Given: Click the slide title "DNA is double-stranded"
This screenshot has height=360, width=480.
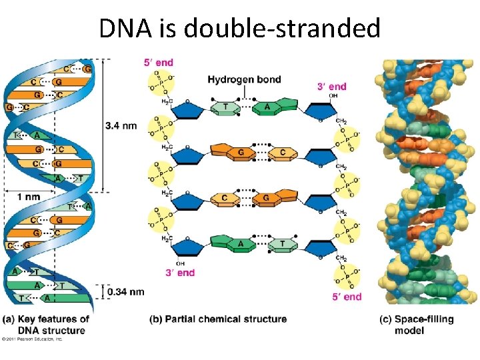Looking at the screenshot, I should click(239, 28).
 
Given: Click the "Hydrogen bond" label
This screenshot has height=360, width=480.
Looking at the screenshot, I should click(244, 80).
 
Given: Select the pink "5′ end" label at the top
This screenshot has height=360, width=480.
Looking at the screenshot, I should click(158, 63).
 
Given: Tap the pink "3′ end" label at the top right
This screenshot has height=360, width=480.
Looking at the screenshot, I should click(331, 86).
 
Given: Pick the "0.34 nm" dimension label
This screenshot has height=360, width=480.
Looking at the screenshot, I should click(125, 291).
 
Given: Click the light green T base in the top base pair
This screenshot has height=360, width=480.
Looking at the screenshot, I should click(226, 108).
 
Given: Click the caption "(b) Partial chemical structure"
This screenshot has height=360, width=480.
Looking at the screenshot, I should click(218, 319).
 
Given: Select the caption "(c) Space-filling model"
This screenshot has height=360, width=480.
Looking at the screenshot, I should click(417, 325).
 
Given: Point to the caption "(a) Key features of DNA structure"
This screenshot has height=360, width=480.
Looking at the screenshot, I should click(46, 325).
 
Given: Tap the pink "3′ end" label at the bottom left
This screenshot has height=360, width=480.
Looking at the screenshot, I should click(181, 272).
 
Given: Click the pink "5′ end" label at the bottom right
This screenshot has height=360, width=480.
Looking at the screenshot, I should click(347, 297).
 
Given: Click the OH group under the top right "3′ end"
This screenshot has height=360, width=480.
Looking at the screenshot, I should click(333, 95).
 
